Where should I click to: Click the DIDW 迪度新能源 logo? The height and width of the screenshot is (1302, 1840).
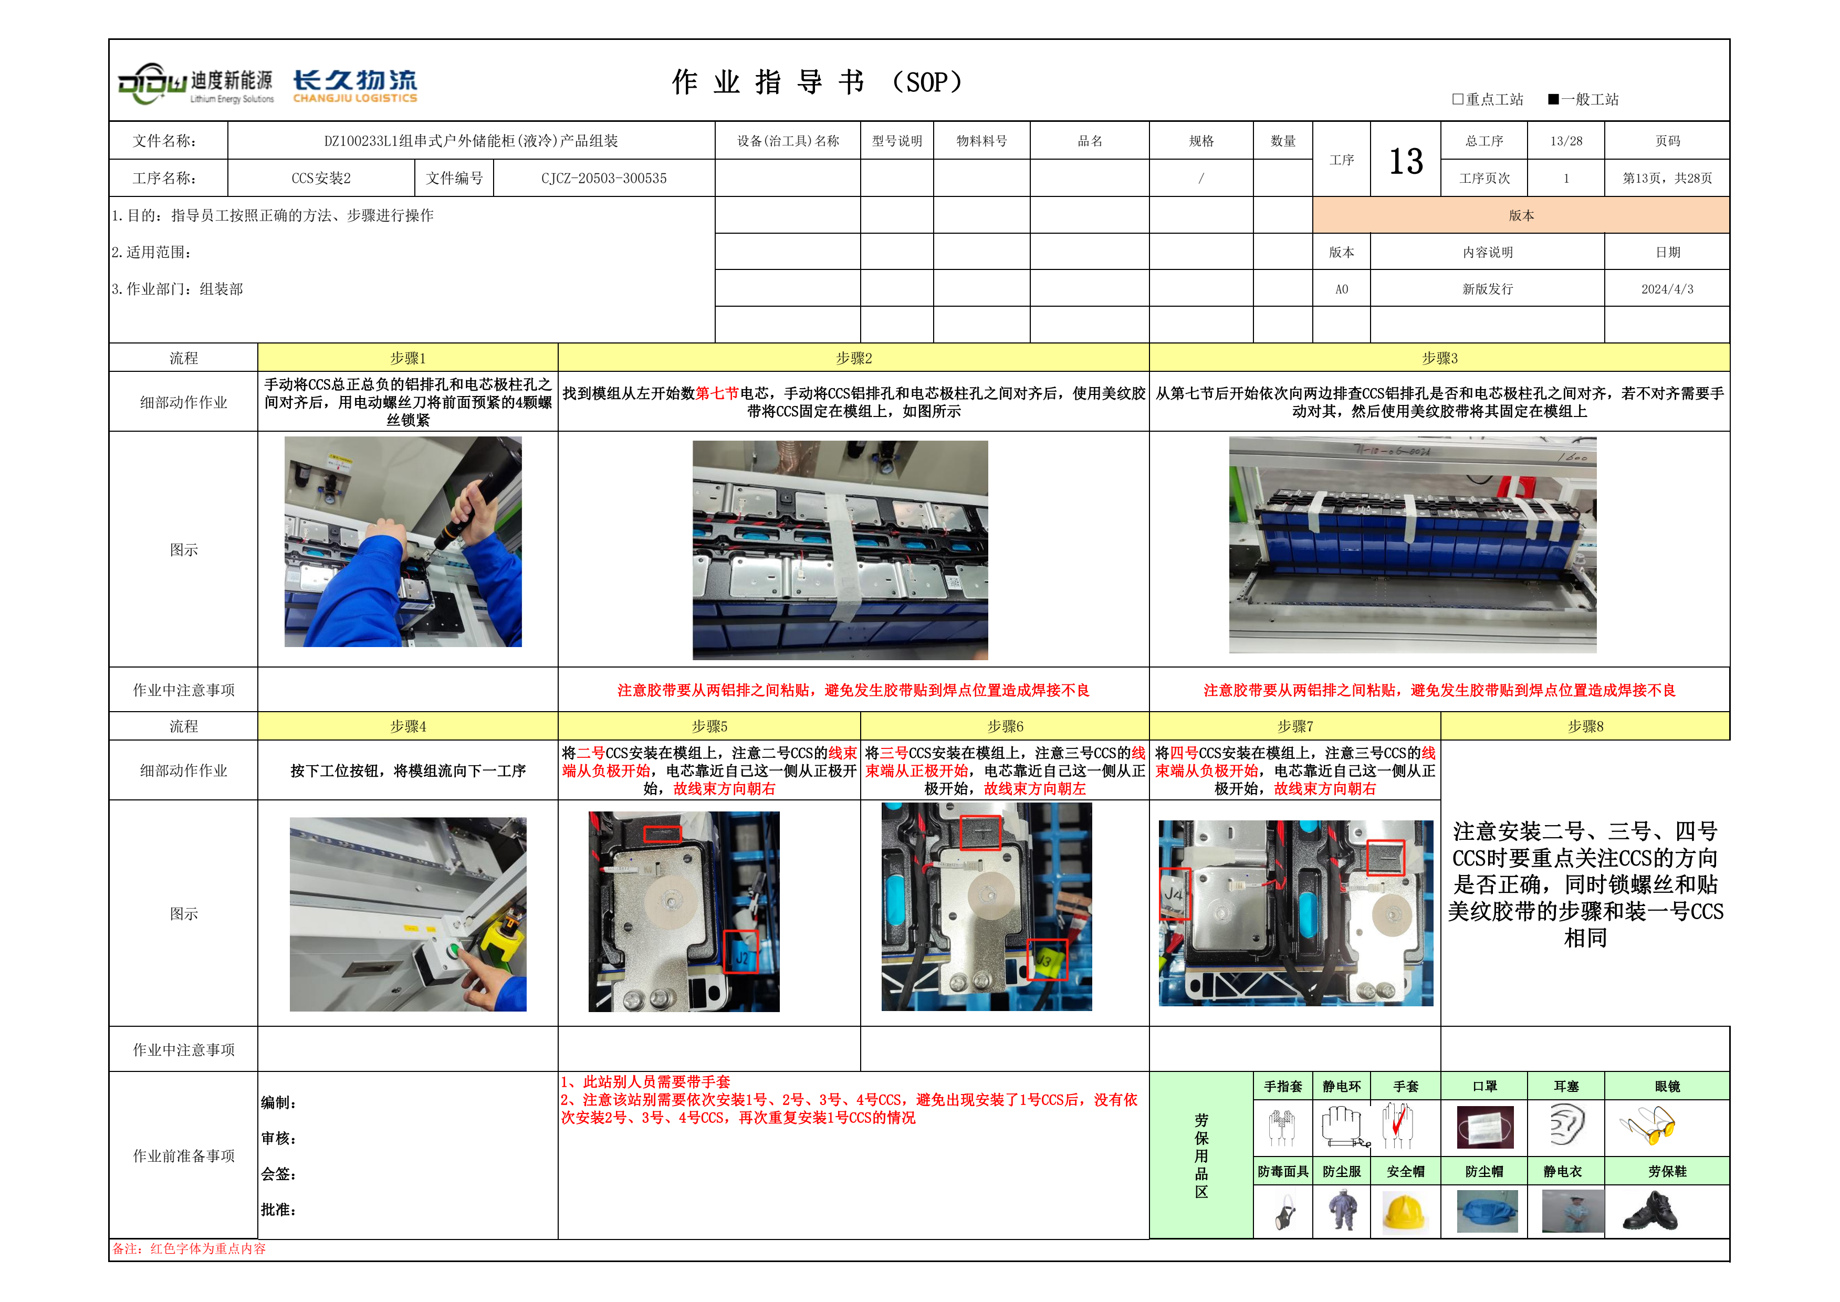pyautogui.click(x=196, y=84)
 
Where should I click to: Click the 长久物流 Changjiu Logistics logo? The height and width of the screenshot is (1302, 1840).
pyautogui.click(x=355, y=86)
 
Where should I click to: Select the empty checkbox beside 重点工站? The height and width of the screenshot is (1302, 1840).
pyautogui.click(x=1458, y=99)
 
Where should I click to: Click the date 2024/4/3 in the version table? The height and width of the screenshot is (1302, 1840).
pyautogui.click(x=1667, y=289)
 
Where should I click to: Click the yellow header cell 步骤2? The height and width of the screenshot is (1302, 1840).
pyautogui.click(x=853, y=358)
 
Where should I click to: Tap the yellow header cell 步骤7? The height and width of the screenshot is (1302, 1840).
pyautogui.click(x=1295, y=726)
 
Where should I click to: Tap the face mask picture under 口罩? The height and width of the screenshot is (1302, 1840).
pyautogui.click(x=1485, y=1127)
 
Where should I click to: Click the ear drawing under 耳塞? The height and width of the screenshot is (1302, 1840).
pyautogui.click(x=1566, y=1125)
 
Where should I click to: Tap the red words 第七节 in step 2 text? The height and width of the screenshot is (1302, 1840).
pyautogui.click(x=717, y=393)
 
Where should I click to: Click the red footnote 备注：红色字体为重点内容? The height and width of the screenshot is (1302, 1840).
pyautogui.click(x=189, y=1248)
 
